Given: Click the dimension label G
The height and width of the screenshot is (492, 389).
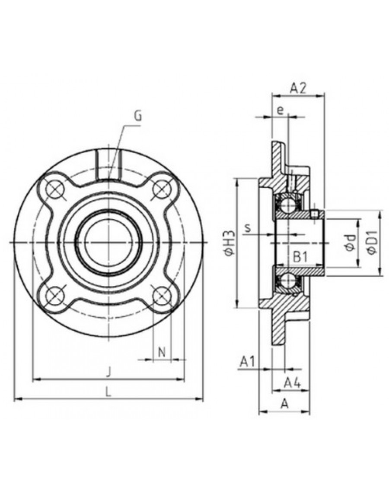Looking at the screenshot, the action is point(137,116).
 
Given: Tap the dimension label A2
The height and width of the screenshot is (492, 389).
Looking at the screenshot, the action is point(298,88).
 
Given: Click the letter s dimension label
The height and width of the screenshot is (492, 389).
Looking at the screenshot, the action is point(248,228).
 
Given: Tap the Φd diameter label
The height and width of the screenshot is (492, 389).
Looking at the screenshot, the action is point(350,243).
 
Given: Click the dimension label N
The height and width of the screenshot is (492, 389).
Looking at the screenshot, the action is point(162,352).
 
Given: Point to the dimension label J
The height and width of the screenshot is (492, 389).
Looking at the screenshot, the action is point(108,372).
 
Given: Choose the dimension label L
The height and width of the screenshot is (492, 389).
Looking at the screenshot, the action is point(108,391).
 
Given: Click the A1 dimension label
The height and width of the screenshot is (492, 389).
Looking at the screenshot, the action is point(247,362).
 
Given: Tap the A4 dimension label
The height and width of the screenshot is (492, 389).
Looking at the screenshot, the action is point(292,382).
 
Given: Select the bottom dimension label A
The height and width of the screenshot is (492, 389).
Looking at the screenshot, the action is point(285,404).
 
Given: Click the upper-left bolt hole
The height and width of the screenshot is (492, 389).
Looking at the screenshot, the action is point(55,189).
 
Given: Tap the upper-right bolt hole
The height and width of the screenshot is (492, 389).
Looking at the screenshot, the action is point(162,189).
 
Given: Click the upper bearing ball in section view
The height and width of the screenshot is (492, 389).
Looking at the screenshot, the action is point(287,205).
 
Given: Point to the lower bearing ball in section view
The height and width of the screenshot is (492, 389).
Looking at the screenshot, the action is point(287,280).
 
